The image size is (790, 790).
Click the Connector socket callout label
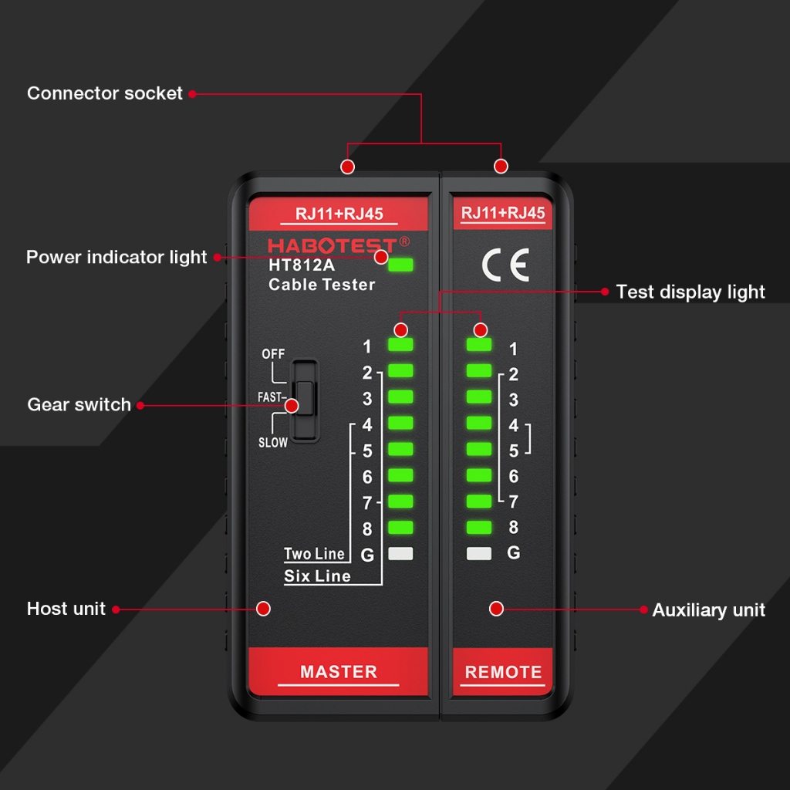tap(105, 93)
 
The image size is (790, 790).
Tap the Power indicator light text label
tap(116, 257)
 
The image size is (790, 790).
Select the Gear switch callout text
tap(79, 404)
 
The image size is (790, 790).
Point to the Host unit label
tap(66, 609)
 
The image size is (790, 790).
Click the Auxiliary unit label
tap(708, 610)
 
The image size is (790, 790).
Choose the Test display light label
tap(690, 292)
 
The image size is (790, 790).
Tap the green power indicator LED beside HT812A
tap(400, 265)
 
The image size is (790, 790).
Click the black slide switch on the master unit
tap(305, 400)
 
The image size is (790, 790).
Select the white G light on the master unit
tap(400, 554)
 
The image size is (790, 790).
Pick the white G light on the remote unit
tap(479, 554)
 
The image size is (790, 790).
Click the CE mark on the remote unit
tap(505, 265)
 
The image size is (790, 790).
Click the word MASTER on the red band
tap(339, 672)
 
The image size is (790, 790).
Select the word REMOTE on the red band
tap(503, 672)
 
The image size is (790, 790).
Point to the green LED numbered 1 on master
tap(400, 345)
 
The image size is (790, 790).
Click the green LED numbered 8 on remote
tap(479, 528)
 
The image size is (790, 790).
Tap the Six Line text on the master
tap(317, 576)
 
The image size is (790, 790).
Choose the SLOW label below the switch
tap(273, 443)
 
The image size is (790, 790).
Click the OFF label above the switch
tap(273, 354)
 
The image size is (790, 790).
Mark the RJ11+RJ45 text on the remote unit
tap(503, 213)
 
